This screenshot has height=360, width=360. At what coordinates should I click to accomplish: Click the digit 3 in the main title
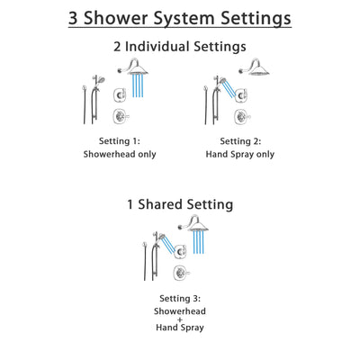[77, 17]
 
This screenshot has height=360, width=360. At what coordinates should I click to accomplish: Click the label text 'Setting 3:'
[180, 298]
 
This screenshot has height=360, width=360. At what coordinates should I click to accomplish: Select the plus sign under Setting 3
[180, 323]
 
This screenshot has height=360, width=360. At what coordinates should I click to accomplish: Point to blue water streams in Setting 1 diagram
[140, 86]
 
